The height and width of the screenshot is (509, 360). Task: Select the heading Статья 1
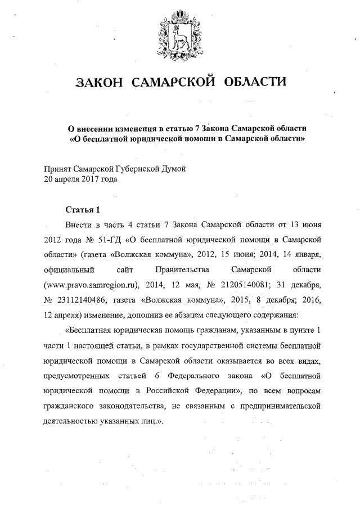(82, 210)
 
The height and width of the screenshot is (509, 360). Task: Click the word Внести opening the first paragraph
(79, 223)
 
